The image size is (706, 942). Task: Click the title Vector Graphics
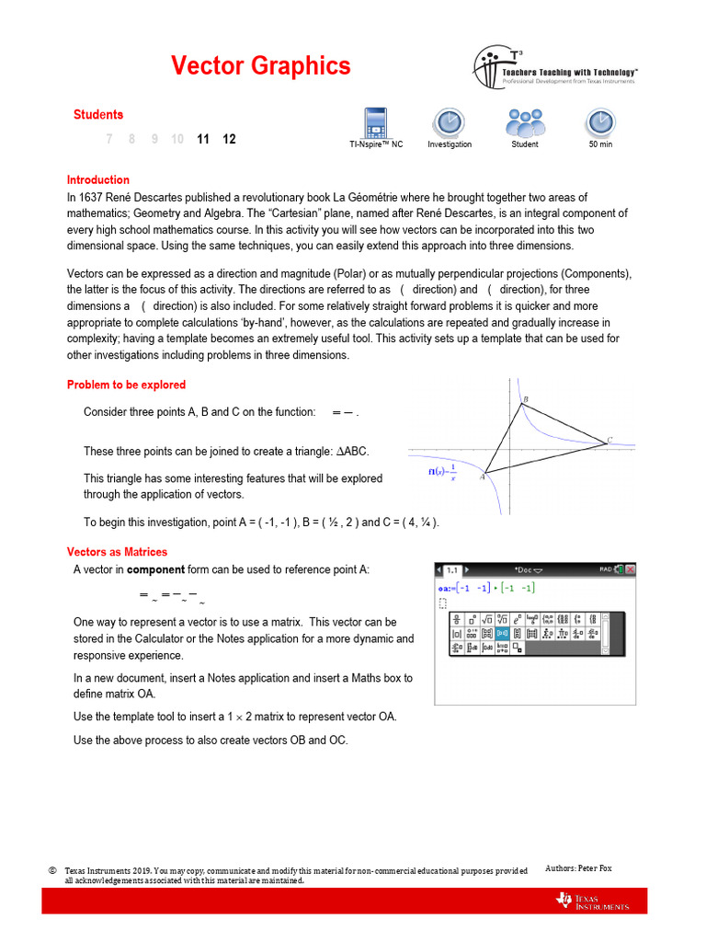260,66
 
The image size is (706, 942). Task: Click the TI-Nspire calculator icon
375,121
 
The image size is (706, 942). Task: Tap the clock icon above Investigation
449,121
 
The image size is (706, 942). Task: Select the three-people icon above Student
525,121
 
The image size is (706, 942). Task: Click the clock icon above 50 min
599,121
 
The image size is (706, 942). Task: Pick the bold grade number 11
203,139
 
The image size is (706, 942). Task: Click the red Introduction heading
98,180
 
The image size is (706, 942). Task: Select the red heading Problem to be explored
126,385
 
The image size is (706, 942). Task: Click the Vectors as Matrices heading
117,552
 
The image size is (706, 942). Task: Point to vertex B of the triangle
525,400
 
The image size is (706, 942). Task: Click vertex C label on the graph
609,441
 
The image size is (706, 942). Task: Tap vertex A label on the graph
482,477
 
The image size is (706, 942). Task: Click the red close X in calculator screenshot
631,570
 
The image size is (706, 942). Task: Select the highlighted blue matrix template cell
502,633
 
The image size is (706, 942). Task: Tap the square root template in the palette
487,618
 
